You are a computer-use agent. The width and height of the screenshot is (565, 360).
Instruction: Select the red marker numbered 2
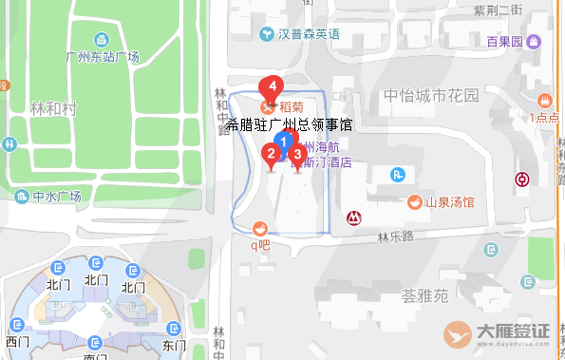[271, 153]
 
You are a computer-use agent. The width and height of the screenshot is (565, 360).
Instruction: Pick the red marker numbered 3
[297, 154]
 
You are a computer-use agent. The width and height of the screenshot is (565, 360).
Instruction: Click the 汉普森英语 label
[309, 35]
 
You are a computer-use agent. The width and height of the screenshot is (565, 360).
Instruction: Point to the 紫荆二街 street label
[498, 9]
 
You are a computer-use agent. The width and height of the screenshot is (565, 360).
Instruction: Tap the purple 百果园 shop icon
[535, 42]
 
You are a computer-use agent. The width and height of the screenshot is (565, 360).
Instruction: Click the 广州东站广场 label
[104, 57]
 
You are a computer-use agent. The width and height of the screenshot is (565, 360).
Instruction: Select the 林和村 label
[51, 109]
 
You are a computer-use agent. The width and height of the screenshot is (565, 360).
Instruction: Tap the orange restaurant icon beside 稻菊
[267, 108]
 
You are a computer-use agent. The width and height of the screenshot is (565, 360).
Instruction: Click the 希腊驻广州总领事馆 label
[291, 124]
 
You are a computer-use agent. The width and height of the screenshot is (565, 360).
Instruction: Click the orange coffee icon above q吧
[259, 228]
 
